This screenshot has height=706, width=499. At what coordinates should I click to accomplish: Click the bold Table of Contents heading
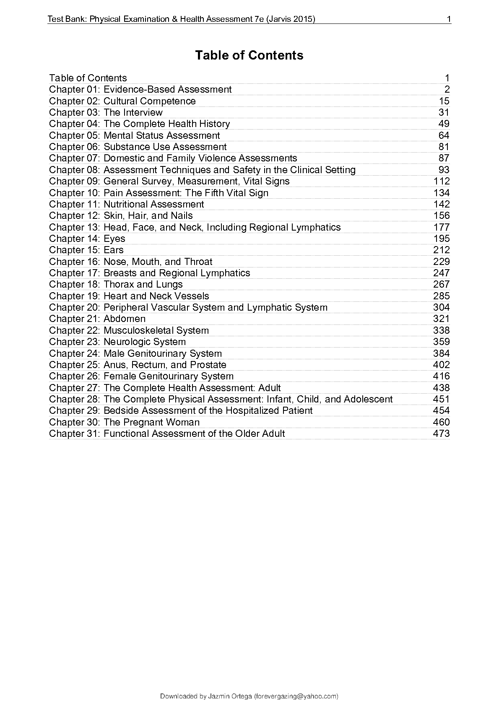tap(249, 55)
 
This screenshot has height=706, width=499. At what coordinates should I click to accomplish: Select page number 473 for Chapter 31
tap(441, 433)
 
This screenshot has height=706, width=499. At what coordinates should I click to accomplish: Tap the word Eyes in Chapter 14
tap(114, 239)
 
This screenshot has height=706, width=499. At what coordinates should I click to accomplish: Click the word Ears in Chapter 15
tap(114, 250)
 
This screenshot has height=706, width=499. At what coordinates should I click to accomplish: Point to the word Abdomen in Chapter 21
tap(125, 319)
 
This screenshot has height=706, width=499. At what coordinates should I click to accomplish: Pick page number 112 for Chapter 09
tap(441, 181)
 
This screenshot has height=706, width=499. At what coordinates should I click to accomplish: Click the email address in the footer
tap(296, 696)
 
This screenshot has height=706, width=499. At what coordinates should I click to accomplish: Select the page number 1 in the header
tap(449, 19)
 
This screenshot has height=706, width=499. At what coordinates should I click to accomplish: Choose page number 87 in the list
tap(444, 158)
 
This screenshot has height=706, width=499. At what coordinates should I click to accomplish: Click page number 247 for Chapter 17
tap(441, 273)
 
